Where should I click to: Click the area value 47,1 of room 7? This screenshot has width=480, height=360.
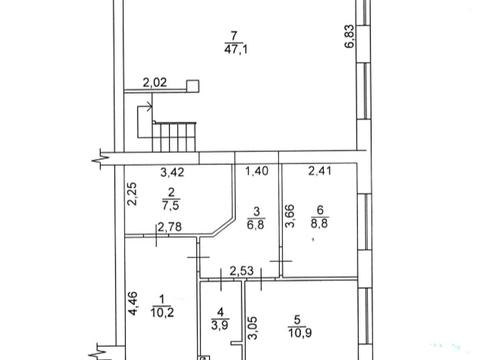pos(236,50)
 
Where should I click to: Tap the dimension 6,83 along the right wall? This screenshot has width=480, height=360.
pos(350,37)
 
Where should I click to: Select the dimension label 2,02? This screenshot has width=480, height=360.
pos(155,82)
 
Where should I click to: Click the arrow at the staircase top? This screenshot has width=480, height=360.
pos(145,107)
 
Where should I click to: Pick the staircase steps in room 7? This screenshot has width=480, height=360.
pos(174,137)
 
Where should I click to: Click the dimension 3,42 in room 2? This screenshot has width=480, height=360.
pos(172,172)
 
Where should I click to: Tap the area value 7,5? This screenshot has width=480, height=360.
pos(171,205)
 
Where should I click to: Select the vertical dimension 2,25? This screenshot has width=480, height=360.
pos(133,194)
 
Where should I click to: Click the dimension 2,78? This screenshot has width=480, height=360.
pos(170,227)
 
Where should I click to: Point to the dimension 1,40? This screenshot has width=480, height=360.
pos(257,171)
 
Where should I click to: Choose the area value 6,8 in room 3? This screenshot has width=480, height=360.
pos(256,224)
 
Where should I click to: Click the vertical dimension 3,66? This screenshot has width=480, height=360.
pos(290,216)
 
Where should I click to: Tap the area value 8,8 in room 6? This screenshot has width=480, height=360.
pos(319,223)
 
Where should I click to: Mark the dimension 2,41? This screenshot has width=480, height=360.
pos(320,171)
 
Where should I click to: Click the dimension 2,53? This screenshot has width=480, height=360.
pos(242,271)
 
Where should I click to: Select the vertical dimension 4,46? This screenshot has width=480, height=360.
pos(133,303)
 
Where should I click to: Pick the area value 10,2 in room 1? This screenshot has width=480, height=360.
pos(162,313)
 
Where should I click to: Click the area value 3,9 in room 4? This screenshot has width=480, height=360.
pos(220,324)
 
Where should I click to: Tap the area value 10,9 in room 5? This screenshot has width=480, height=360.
pos(300,333)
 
